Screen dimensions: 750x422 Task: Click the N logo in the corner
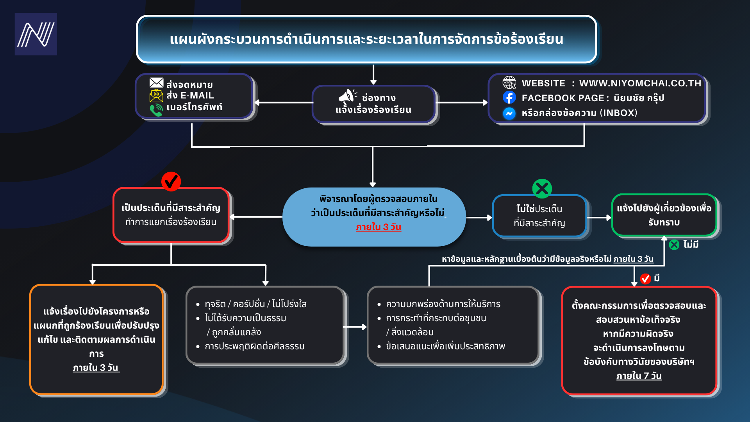point(36,34)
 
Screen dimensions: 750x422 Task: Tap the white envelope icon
point(156,82)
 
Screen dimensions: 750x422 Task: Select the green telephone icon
point(156,110)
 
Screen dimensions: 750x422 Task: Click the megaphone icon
point(347,96)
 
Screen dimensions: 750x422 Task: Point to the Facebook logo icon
point(509,97)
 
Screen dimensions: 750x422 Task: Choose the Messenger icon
point(509,113)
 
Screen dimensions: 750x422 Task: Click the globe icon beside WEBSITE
point(509,82)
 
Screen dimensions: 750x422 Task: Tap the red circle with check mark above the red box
point(171,181)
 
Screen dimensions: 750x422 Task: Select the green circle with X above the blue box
point(542,189)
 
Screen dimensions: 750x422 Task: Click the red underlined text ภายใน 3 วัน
point(379,227)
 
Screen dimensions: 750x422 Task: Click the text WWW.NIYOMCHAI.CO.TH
point(640,83)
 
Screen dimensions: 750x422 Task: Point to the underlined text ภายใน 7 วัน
point(639,376)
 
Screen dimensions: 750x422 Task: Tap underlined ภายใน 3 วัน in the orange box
point(96,368)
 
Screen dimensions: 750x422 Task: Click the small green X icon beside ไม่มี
point(674,245)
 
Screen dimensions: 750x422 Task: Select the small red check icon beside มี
point(646,279)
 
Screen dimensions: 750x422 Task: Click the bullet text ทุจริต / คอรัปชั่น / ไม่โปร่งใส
point(256,304)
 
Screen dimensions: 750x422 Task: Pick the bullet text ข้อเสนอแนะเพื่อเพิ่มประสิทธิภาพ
point(446,346)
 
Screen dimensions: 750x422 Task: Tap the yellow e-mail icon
point(156,96)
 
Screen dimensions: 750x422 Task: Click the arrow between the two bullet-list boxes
point(355,327)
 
